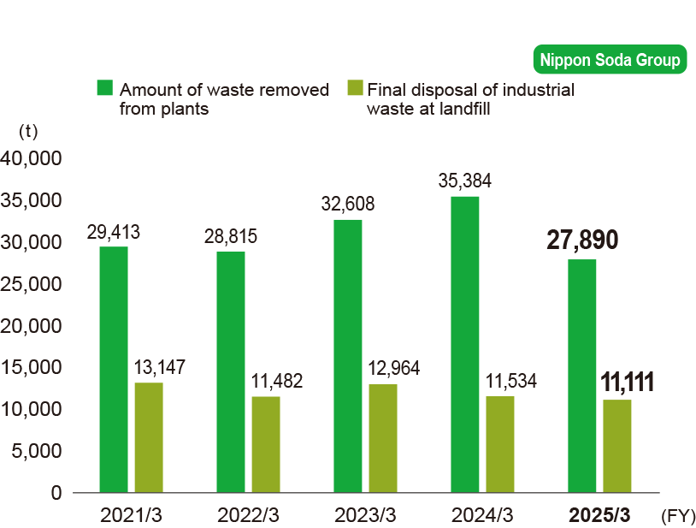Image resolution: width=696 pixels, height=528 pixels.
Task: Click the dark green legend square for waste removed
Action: pyautogui.click(x=105, y=88)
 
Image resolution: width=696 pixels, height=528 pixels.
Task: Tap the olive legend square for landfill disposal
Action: pyautogui.click(x=356, y=88)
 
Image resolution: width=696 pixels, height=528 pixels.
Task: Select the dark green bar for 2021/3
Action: pyautogui.click(x=114, y=369)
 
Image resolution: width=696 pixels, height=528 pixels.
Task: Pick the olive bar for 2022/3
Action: pyautogui.click(x=266, y=444)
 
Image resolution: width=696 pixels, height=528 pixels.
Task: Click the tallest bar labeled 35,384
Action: pyautogui.click(x=465, y=344)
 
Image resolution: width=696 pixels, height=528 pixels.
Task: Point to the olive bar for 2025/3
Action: pyautogui.click(x=617, y=446)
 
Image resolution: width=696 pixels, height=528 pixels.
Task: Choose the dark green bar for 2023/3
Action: pyautogui.click(x=348, y=356)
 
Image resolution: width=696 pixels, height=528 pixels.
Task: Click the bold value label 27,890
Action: pyautogui.click(x=582, y=240)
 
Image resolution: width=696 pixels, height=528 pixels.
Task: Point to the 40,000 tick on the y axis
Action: pyautogui.click(x=32, y=158)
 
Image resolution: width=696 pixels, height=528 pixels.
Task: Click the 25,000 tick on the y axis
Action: pyautogui.click(x=32, y=284)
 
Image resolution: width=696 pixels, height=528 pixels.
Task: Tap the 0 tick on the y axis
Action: pyautogui.click(x=56, y=493)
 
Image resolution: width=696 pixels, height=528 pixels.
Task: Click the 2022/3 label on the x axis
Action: pyautogui.click(x=248, y=515)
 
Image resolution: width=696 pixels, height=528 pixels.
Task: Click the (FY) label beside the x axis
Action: pyautogui.click(x=677, y=515)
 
